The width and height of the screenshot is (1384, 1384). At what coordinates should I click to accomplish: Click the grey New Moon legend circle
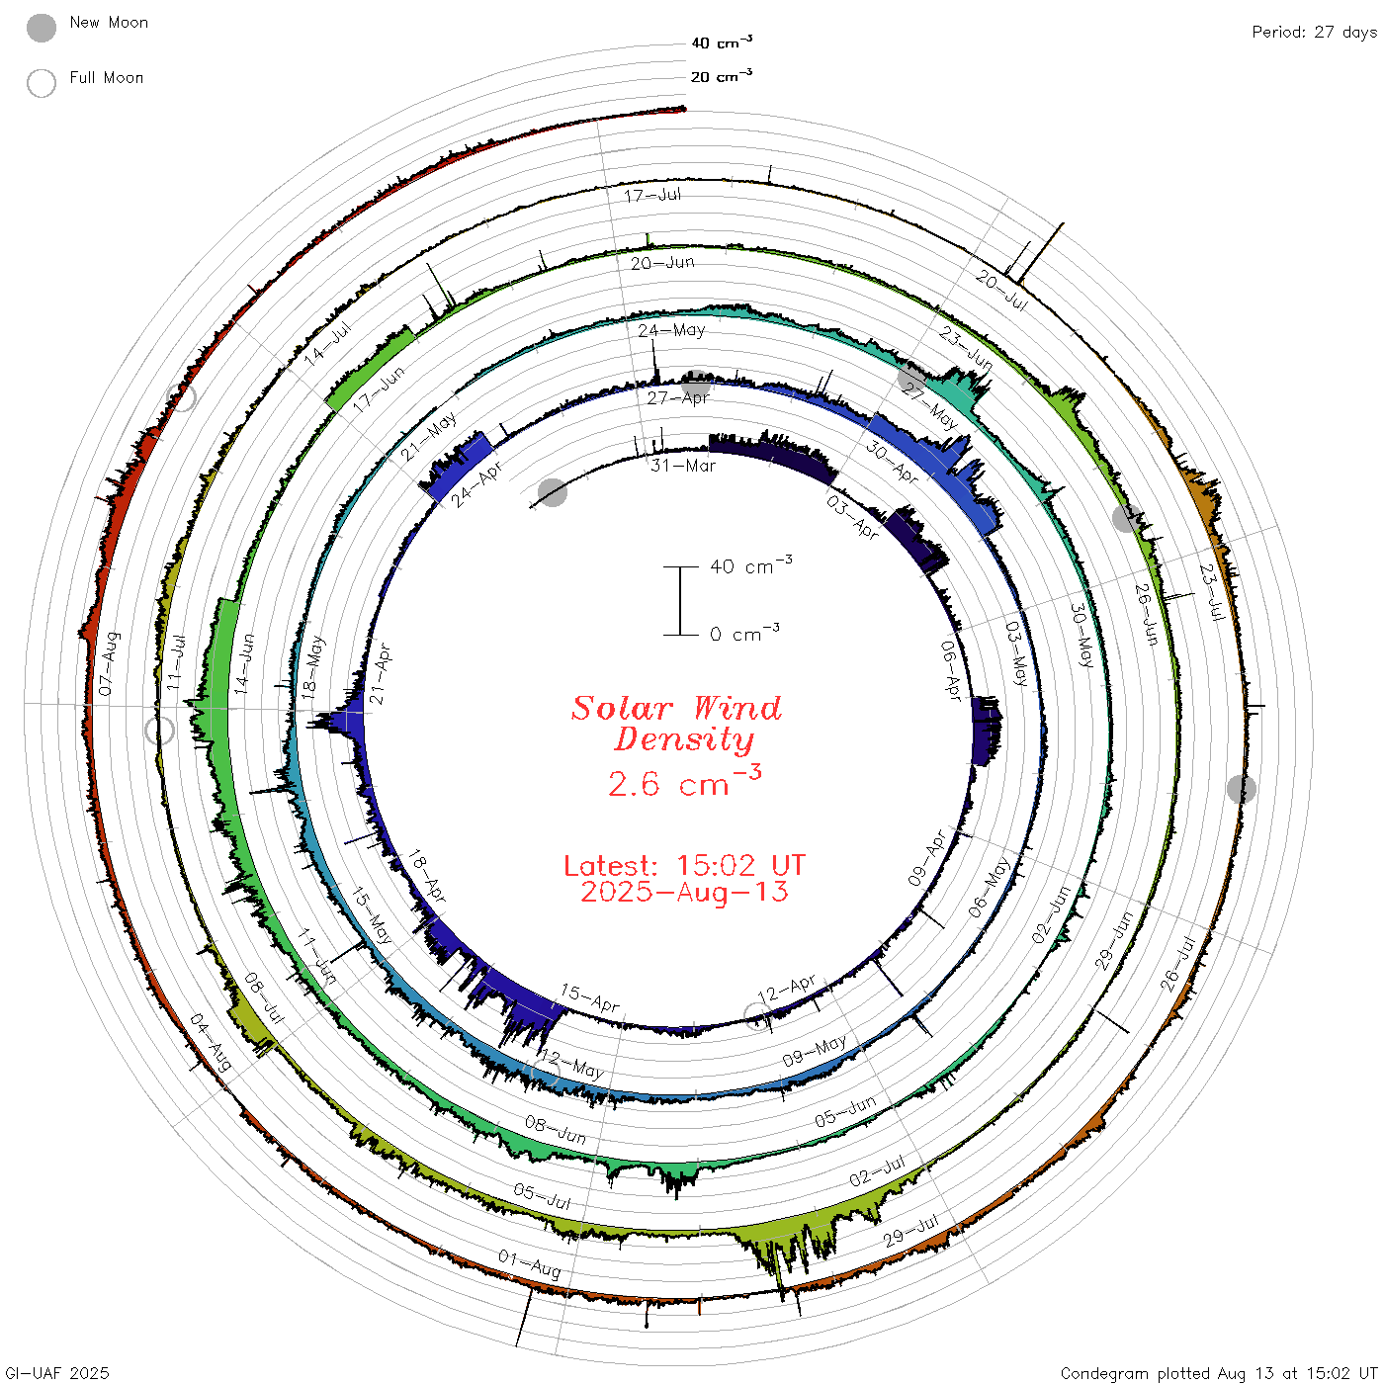tap(42, 28)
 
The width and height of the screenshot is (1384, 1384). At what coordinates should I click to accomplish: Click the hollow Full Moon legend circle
tap(42, 83)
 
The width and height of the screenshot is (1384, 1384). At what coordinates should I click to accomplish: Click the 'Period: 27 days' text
tap(1314, 33)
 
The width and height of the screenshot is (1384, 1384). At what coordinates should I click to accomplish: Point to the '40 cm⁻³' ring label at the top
tap(722, 43)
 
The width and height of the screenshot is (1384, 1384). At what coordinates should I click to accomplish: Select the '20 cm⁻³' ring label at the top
tap(722, 76)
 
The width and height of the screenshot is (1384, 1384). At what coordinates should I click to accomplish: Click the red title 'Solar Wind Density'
tap(677, 724)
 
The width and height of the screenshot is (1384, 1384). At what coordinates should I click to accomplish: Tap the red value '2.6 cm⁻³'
tap(684, 781)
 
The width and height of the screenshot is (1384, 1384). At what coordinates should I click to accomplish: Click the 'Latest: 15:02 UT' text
tap(684, 865)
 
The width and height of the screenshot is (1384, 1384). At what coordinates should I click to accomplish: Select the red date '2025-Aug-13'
tap(684, 892)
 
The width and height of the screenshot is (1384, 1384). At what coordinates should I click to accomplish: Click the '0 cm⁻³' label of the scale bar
tap(744, 633)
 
